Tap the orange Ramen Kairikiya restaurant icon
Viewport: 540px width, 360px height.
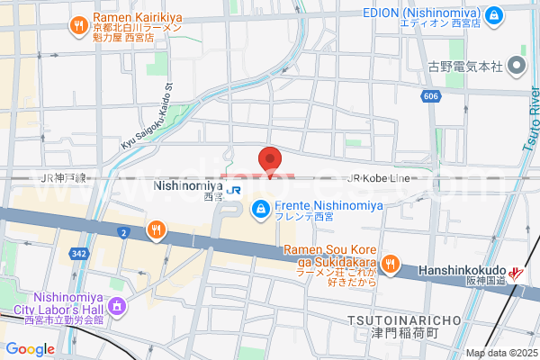tap(79, 24)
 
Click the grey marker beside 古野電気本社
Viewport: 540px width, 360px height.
tap(517, 65)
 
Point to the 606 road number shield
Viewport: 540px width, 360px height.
tap(431, 94)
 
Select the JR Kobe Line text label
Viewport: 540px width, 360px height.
tap(382, 178)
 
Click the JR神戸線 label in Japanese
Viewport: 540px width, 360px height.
tap(63, 178)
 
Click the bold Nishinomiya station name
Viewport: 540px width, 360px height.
tap(189, 185)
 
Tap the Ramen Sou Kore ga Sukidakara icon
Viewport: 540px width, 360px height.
tap(390, 264)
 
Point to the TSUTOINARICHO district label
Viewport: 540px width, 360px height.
tap(404, 320)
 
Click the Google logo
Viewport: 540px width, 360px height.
tap(30, 349)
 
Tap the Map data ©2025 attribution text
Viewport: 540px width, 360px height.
tap(499, 353)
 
